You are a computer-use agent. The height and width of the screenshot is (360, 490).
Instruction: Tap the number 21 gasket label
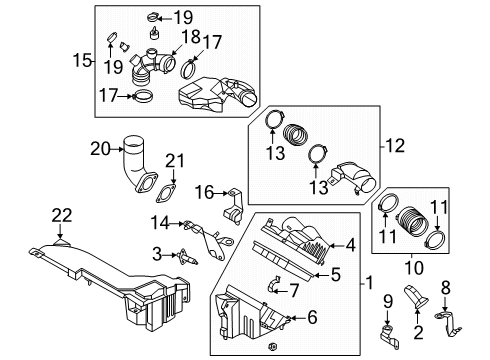click(176, 162)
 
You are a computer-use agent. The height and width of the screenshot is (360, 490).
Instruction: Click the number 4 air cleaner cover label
click(350, 243)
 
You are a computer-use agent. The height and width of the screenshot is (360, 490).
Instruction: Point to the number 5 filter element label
click(337, 273)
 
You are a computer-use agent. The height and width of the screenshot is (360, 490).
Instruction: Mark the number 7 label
click(293, 290)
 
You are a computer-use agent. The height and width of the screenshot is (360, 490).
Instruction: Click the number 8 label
click(447, 286)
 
